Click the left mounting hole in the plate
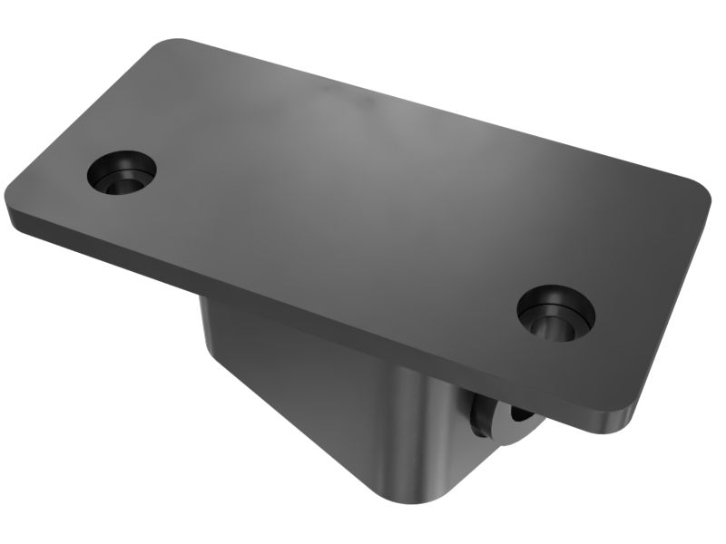pos(123,171)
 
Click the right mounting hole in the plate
pos(555,313)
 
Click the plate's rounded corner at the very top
pos(172,44)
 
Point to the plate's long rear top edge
pos(436,109)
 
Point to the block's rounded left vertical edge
pos(209,335)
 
